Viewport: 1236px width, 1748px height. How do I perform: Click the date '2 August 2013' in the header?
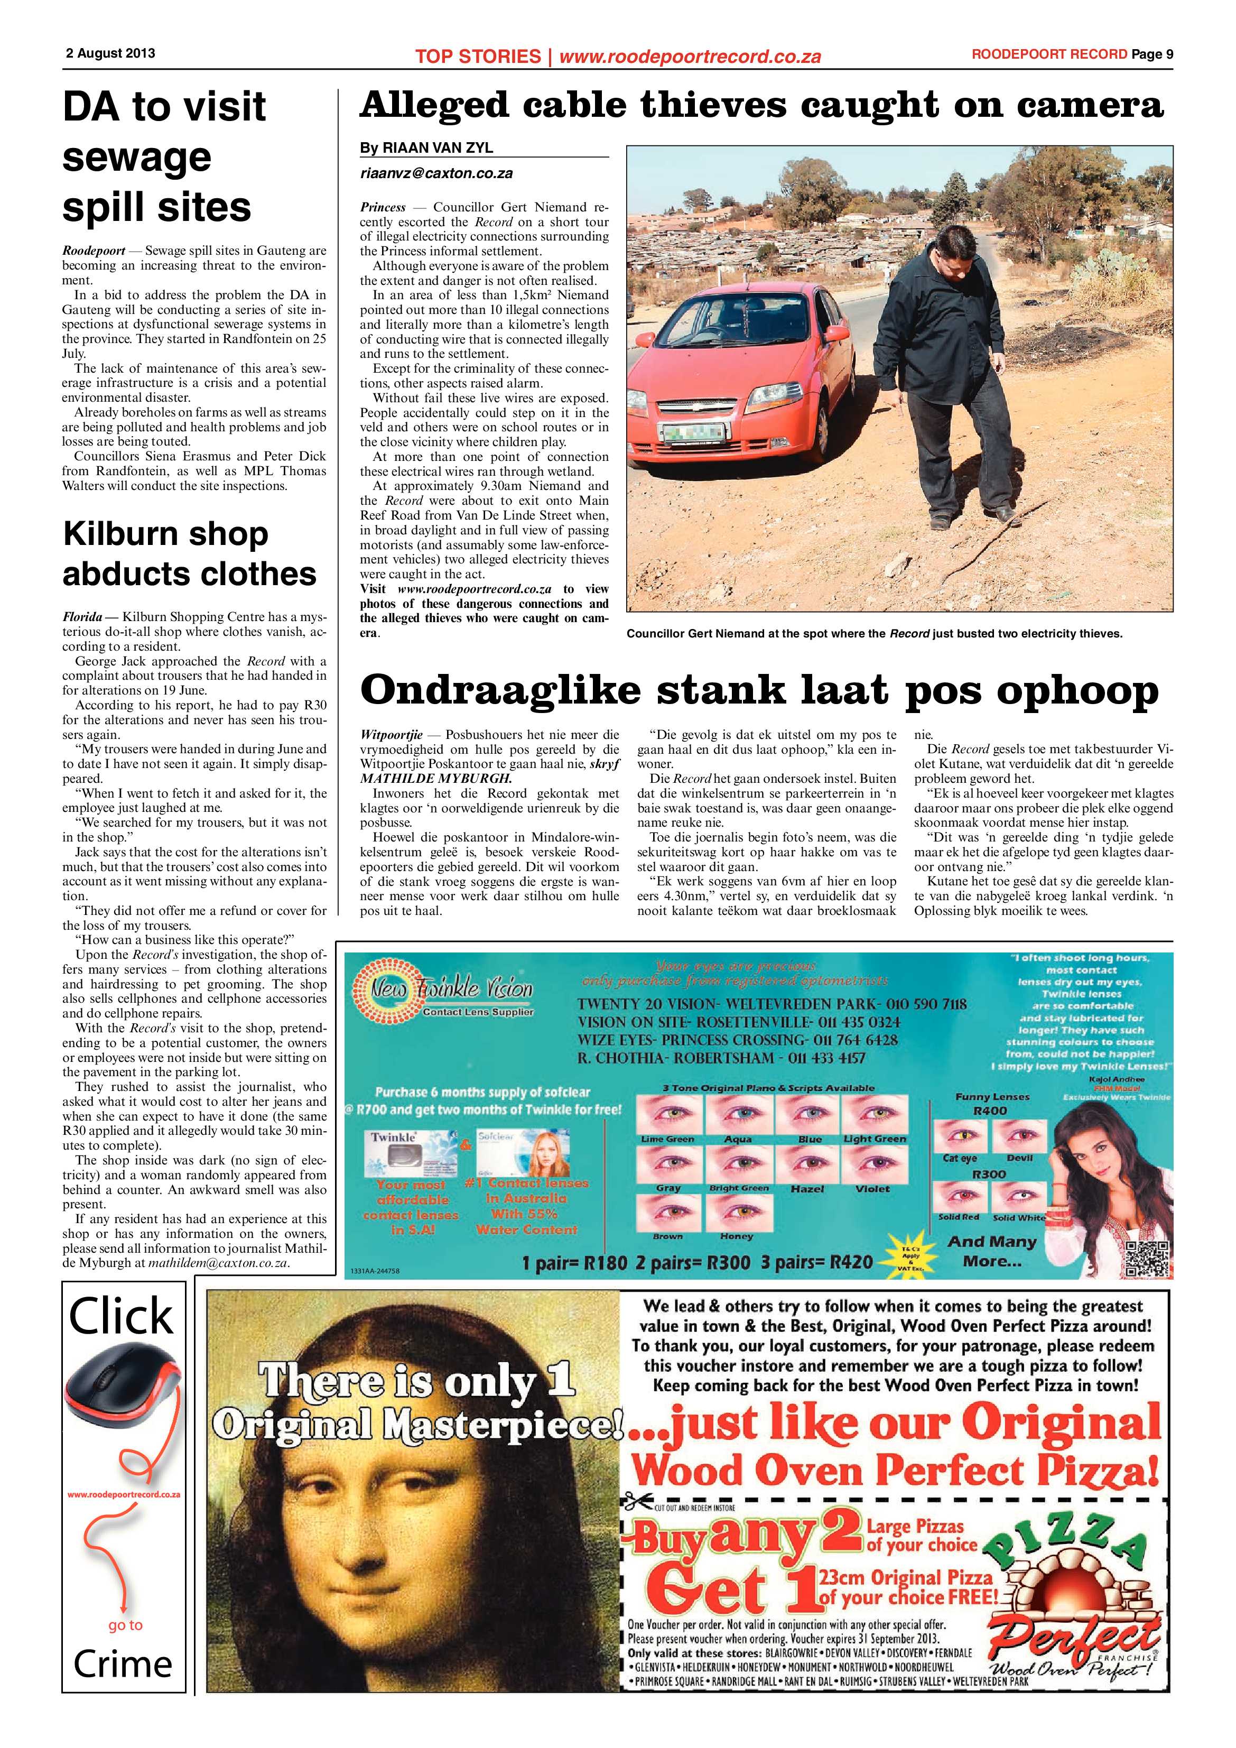[110, 54]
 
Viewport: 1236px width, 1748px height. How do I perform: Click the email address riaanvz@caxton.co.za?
[436, 173]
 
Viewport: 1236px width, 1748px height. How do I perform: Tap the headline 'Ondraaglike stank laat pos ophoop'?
[759, 690]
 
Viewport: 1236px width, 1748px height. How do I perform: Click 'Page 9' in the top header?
[1151, 54]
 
